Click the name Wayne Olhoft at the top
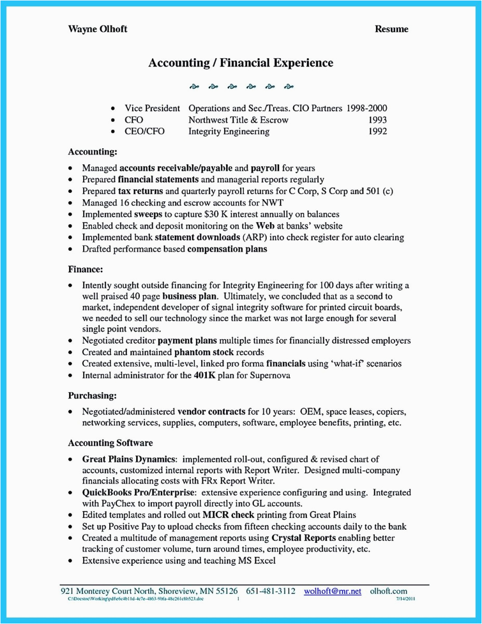(x=97, y=29)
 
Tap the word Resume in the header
(x=392, y=29)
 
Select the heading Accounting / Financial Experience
(x=241, y=63)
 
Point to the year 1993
(x=376, y=120)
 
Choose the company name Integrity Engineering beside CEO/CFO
(x=229, y=132)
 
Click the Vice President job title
(x=152, y=109)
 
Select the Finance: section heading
(x=85, y=269)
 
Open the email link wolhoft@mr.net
(x=333, y=591)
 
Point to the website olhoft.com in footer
(x=389, y=591)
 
